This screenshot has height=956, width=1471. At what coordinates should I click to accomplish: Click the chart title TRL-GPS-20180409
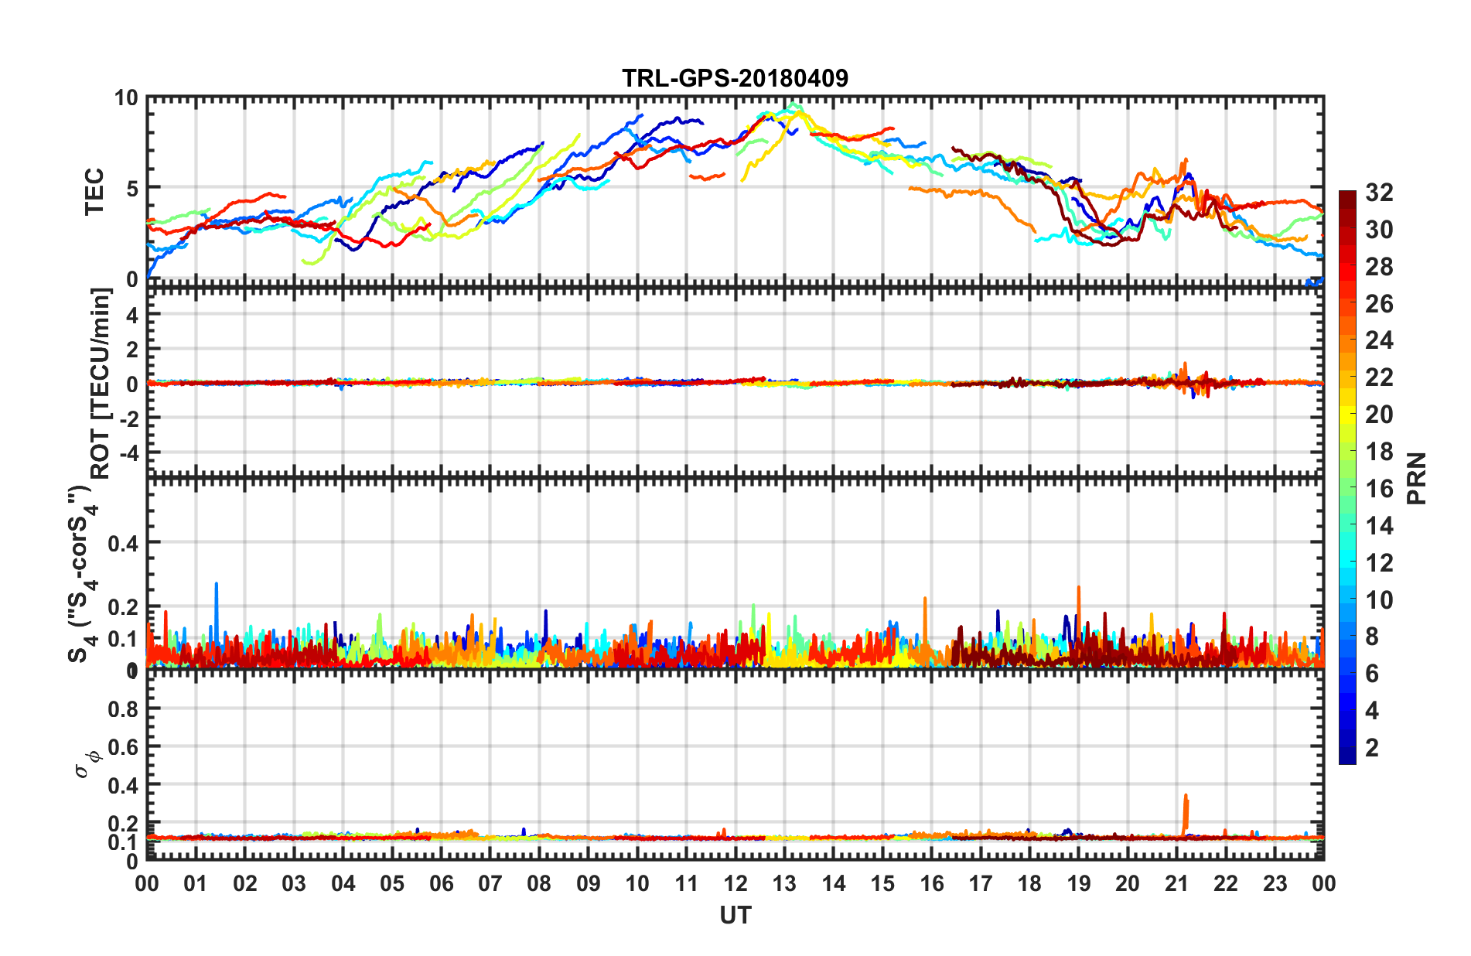click(x=735, y=78)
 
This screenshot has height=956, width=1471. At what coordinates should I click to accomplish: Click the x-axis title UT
click(x=735, y=916)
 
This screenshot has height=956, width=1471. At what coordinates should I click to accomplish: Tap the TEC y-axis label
click(x=94, y=191)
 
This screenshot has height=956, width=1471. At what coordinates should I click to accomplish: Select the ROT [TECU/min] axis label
click(x=101, y=383)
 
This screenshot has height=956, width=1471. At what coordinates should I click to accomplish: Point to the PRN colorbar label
click(x=1417, y=479)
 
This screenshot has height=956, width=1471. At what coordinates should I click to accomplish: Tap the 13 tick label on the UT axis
click(x=784, y=883)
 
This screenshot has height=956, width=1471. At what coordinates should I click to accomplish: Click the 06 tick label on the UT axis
click(x=441, y=883)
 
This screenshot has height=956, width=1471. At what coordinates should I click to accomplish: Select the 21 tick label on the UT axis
click(x=1176, y=883)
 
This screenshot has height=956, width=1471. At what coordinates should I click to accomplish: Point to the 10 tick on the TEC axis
click(x=126, y=98)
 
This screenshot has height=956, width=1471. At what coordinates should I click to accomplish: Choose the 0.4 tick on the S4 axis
click(x=123, y=544)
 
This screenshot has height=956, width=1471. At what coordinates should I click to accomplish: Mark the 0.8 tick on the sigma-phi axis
click(x=123, y=709)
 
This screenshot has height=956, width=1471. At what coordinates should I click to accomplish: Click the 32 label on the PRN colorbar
click(x=1379, y=193)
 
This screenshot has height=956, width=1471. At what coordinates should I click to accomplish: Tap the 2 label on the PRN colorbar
click(x=1373, y=748)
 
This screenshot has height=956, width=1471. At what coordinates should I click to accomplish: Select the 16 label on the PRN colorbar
click(x=1379, y=489)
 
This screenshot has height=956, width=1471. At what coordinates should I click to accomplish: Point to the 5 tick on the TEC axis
click(x=131, y=188)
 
